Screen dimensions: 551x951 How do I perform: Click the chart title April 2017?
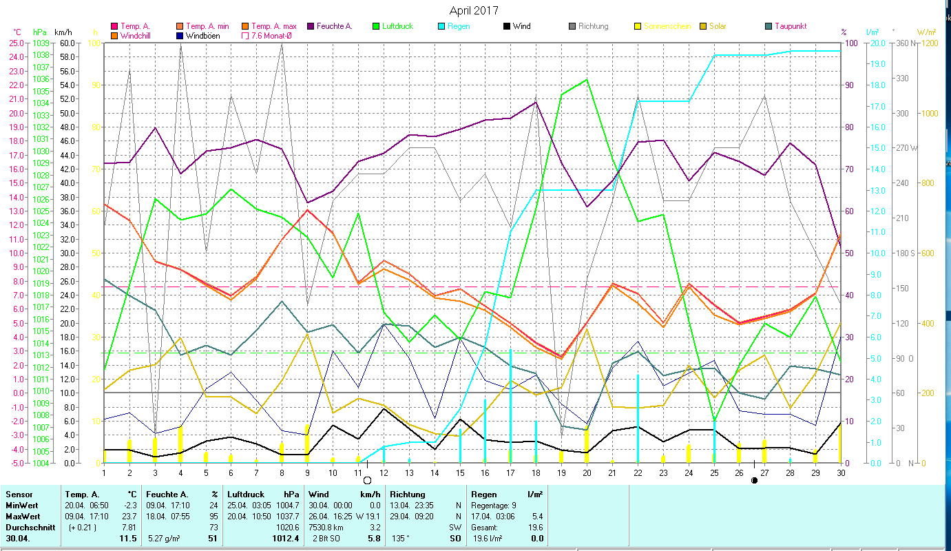(474, 10)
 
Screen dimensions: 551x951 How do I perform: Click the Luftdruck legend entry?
(398, 26)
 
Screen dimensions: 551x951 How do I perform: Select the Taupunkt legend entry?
(790, 26)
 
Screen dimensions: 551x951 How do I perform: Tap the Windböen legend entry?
(202, 36)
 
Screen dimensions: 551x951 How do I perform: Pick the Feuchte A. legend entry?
(333, 26)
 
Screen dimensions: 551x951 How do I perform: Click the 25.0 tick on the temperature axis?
(16, 43)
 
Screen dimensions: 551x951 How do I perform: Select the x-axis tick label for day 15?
(460, 472)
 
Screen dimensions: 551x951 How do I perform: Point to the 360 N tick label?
(904, 43)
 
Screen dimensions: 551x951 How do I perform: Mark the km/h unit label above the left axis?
(63, 32)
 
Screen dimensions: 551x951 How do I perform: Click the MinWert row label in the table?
(21, 505)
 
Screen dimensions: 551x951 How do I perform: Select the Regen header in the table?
(484, 494)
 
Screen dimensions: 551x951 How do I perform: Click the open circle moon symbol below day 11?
(367, 480)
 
